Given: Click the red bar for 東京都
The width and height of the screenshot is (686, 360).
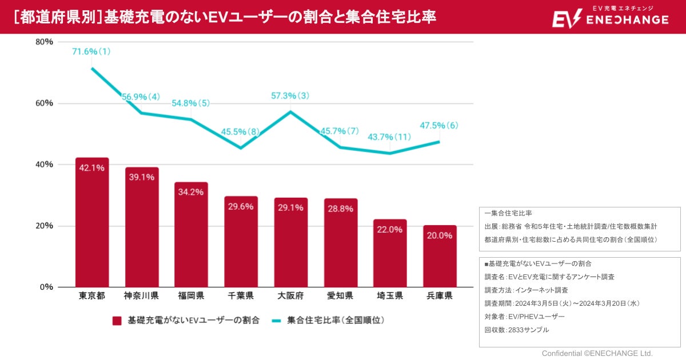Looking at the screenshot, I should [x=91, y=223].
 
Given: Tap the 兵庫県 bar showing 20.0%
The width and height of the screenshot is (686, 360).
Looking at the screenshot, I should [x=440, y=257].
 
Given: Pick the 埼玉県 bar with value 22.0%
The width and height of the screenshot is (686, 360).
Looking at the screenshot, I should [x=390, y=253].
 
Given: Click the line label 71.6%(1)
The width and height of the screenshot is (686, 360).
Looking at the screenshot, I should [x=91, y=52].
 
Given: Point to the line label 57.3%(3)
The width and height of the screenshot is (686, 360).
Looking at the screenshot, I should [x=290, y=96].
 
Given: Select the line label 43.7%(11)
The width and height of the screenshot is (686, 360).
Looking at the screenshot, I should [x=389, y=137].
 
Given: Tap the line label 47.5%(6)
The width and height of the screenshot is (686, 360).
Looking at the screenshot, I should [x=439, y=126].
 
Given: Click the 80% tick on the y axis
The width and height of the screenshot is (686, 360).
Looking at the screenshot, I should [x=44, y=42].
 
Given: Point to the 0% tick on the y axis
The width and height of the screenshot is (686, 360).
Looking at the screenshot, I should [x=46, y=287].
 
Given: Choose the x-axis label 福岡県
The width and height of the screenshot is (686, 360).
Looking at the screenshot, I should [x=191, y=296].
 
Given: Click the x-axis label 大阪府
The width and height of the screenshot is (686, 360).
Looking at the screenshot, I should [x=290, y=296].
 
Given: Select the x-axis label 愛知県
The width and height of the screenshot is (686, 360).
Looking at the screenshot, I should [x=340, y=296].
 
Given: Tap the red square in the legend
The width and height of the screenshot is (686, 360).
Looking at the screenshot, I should [x=117, y=321].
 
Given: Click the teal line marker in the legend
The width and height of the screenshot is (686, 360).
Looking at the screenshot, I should [x=276, y=321].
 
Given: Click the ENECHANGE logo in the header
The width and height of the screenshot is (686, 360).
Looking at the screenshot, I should [x=610, y=17].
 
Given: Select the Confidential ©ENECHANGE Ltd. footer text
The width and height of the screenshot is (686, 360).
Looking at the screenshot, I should [x=597, y=353].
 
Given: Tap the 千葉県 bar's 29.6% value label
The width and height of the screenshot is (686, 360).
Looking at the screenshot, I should [x=241, y=207].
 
